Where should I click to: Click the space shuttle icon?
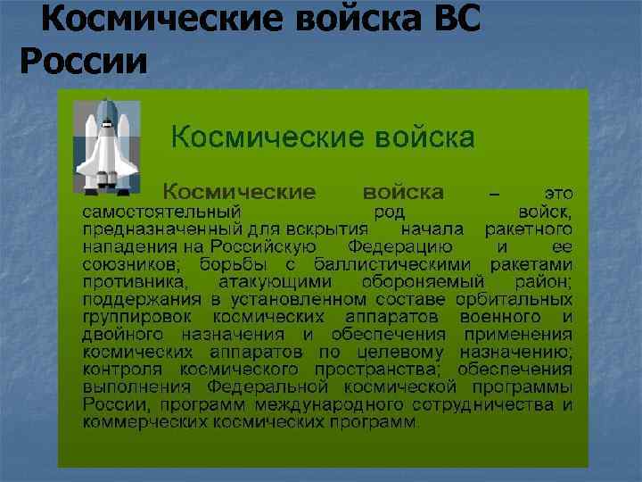point(106,146)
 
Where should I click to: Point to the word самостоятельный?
point(161,212)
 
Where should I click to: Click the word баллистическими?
point(396,264)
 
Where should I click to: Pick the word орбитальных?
point(518,299)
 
